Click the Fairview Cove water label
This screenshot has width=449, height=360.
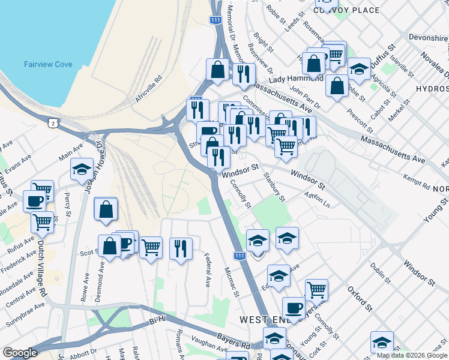click(47, 64)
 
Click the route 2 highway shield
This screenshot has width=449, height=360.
click(53, 122)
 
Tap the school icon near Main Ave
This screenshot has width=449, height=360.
click(82, 170)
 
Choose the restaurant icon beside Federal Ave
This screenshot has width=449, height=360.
click(181, 248)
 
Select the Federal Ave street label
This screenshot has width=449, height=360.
click(208, 269)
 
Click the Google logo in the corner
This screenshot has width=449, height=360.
click(20, 353)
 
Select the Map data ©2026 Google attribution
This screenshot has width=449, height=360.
click(412, 355)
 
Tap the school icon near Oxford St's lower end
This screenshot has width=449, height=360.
click(381, 342)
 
